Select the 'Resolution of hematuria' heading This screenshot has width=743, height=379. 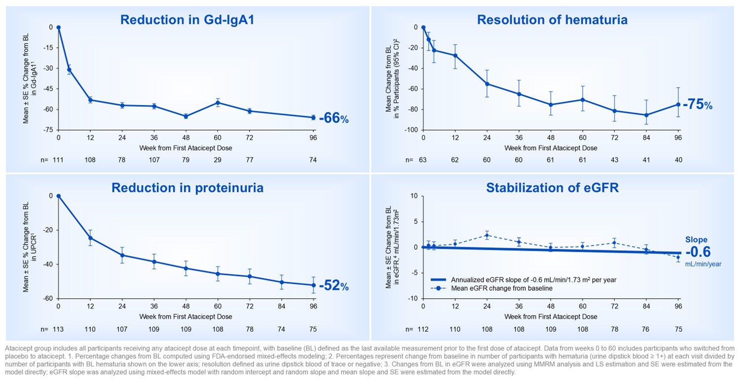coord(552,20)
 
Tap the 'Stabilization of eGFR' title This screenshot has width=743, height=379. coord(552,188)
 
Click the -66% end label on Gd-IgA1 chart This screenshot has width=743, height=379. coord(334,118)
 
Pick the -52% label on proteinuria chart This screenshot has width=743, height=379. coord(334,286)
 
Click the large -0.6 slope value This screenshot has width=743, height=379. coord(698,252)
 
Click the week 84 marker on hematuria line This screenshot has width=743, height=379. coord(646,115)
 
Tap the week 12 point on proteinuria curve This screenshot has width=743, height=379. coord(90,238)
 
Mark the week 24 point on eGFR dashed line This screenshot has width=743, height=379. coord(487,235)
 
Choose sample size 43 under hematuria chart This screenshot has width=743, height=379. coord(614,160)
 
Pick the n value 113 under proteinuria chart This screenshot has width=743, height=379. coord(58,329)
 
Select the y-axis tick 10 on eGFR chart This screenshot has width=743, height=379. coord(414,196)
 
